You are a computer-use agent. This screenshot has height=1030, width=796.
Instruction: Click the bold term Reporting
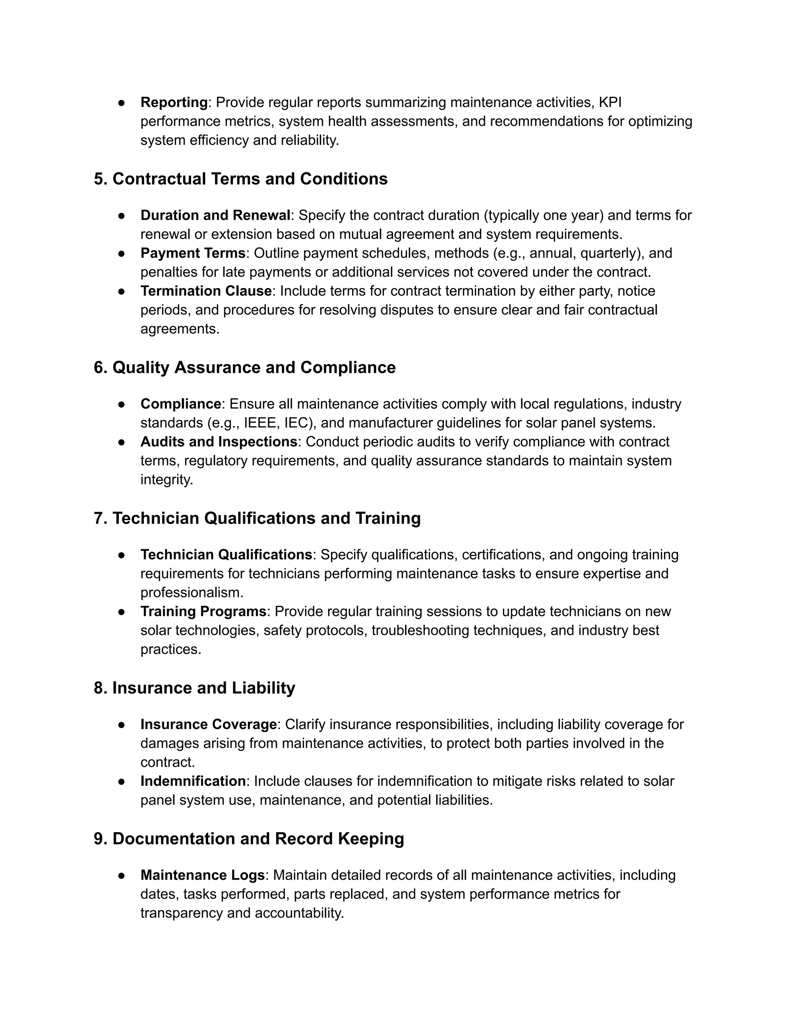tap(174, 102)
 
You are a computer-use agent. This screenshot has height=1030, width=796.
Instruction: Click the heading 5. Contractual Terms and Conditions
tap(241, 179)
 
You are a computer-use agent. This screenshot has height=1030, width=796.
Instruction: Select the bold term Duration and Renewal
tap(215, 216)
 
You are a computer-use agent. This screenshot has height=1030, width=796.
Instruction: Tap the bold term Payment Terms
tap(193, 253)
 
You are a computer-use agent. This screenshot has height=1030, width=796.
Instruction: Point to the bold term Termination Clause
tap(206, 291)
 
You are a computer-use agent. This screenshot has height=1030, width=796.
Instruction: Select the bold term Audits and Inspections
tap(219, 442)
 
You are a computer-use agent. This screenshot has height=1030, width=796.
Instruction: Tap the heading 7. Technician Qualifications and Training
tap(257, 518)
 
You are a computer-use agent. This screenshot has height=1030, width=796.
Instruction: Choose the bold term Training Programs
tap(203, 612)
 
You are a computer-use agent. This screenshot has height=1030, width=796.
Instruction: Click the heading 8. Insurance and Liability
tap(194, 688)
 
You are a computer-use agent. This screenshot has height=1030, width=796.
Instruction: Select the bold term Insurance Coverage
tap(208, 724)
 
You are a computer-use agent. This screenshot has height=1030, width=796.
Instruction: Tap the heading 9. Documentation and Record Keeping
tap(248, 839)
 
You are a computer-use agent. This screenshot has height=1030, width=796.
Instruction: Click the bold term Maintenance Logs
tap(202, 875)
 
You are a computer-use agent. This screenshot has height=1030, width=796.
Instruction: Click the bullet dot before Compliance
tap(121, 405)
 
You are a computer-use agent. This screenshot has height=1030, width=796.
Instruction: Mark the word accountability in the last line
tap(298, 913)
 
